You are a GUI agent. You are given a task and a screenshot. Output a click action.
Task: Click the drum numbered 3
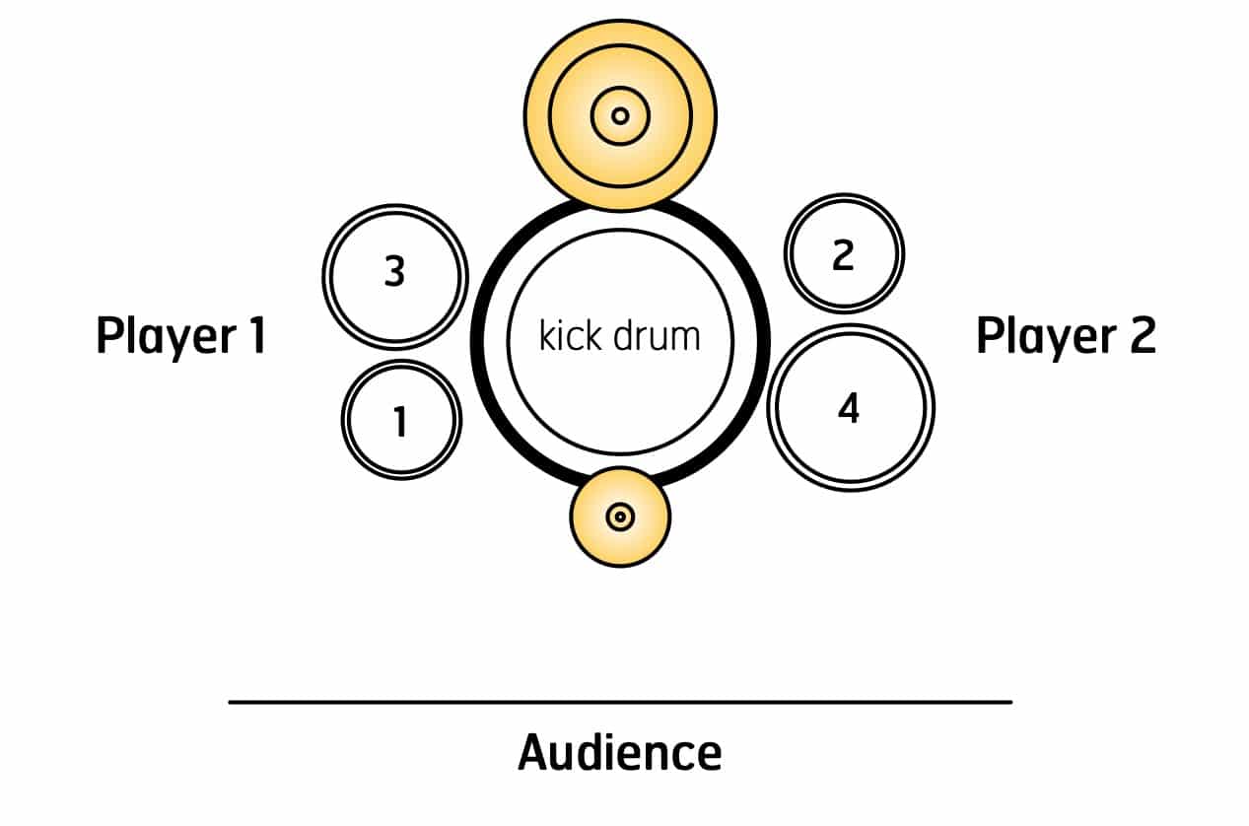[x=394, y=277]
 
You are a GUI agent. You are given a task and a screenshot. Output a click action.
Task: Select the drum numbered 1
[x=400, y=420]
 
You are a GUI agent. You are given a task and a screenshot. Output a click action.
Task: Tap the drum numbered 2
[x=844, y=253]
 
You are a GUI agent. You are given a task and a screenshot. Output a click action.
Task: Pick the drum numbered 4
[x=850, y=407]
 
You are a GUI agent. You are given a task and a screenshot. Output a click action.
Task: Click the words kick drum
[x=619, y=336]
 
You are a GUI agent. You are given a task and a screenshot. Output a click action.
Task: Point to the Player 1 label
[x=180, y=336]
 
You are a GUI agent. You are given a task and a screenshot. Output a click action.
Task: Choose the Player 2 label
[x=1065, y=336]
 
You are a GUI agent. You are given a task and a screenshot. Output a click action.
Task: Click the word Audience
[x=619, y=753]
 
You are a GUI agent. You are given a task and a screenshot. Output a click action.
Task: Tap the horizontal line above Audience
[x=619, y=702]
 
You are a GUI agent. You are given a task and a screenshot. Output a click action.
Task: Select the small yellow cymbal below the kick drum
[x=620, y=516]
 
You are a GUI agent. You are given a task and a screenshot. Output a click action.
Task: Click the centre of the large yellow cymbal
[x=620, y=116]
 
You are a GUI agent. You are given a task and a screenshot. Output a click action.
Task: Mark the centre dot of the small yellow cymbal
[x=620, y=516]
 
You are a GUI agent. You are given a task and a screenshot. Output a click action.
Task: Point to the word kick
[x=571, y=336]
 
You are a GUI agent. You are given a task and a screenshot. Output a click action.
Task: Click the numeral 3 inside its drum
[x=394, y=272]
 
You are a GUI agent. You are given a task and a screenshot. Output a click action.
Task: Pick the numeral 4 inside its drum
[x=848, y=407]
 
